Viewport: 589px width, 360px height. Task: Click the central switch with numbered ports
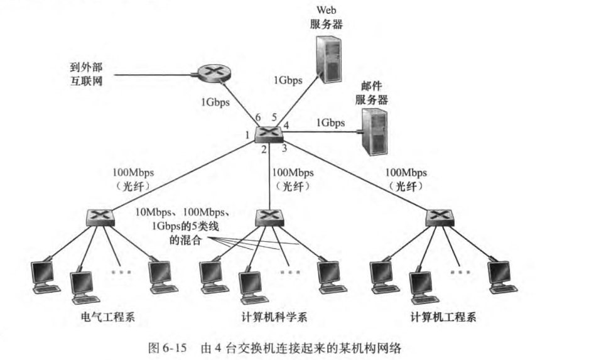pos(269,133)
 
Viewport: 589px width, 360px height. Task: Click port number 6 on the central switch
pos(257,117)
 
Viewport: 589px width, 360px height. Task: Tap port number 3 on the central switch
pos(284,148)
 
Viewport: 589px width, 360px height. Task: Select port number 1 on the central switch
pos(248,134)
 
